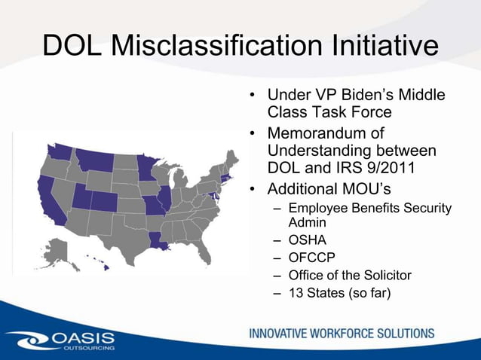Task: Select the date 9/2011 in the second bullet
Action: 412,167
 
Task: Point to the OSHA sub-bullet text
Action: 308,242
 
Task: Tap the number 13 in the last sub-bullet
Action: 297,292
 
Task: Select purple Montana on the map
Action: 94,160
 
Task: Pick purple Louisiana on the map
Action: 162,240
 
